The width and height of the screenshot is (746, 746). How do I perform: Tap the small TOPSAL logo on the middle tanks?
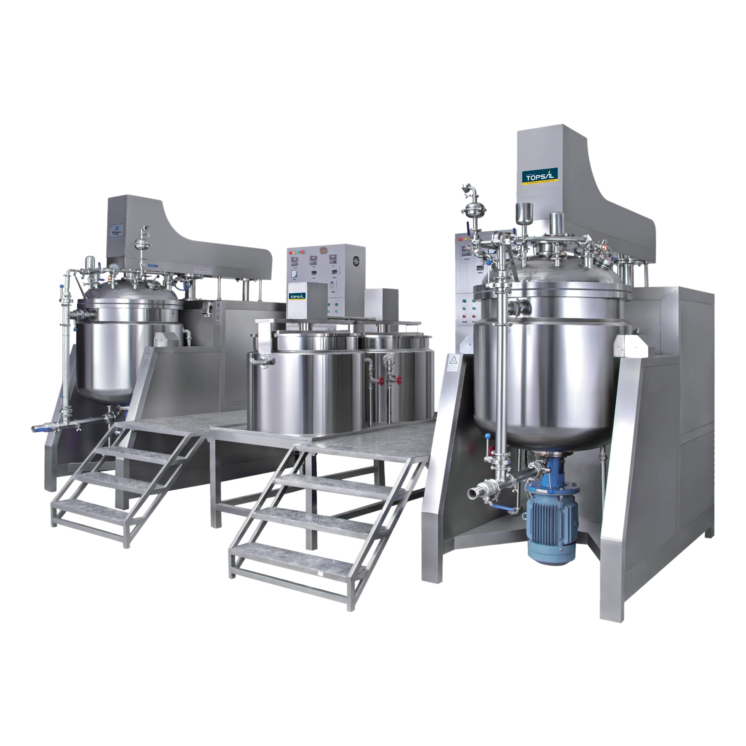(x=297, y=296)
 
